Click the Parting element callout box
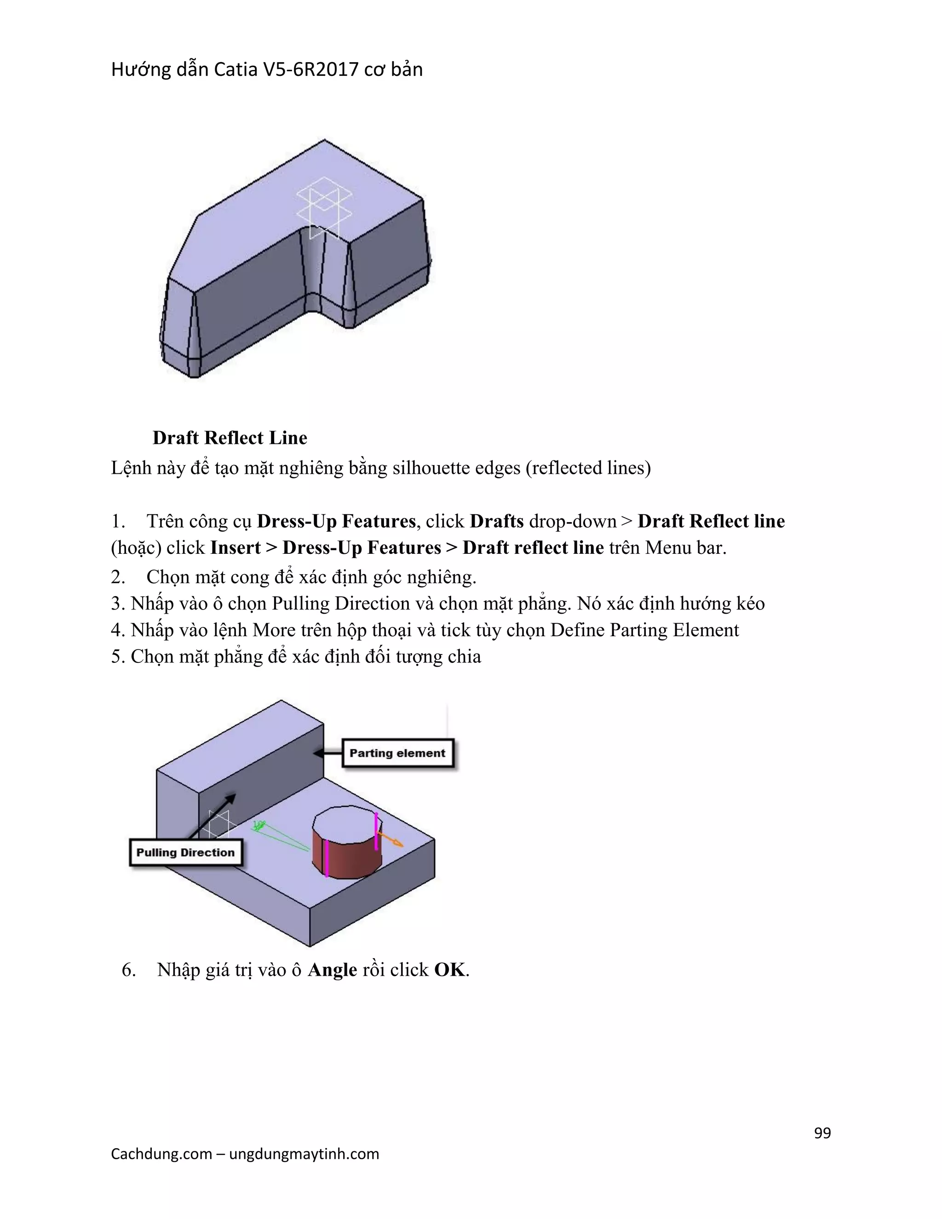(x=397, y=753)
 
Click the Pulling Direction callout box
(x=185, y=852)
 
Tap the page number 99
(x=822, y=1133)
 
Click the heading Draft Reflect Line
(x=230, y=437)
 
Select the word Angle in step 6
(x=332, y=970)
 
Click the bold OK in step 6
(x=449, y=970)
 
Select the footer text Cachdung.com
(x=161, y=1154)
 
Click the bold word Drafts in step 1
(x=496, y=521)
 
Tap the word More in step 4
(x=274, y=630)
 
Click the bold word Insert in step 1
(x=235, y=547)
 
